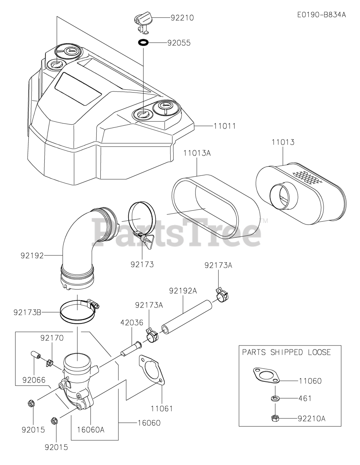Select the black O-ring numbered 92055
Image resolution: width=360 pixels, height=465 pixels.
pyautogui.click(x=143, y=43)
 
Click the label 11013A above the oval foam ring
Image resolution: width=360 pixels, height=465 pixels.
pyautogui.click(x=197, y=153)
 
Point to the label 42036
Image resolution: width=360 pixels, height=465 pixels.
pyautogui.click(x=132, y=323)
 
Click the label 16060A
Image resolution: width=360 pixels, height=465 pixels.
pyautogui.click(x=90, y=430)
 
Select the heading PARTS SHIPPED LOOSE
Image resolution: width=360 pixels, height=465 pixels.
pyautogui.click(x=286, y=352)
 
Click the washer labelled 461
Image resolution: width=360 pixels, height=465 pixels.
pyautogui.click(x=275, y=399)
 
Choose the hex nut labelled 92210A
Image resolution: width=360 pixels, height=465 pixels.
pyautogui.click(x=275, y=418)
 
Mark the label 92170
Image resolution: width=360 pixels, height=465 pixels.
pyautogui.click(x=52, y=338)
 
